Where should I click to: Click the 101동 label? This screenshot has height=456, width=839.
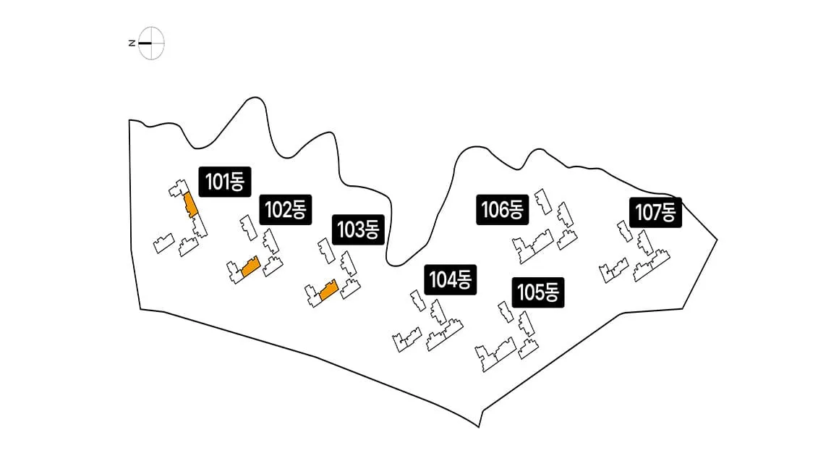click(225, 182)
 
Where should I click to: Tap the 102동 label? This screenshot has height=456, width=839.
click(285, 209)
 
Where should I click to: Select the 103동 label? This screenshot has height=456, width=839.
click(358, 229)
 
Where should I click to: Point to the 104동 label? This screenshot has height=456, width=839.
click(450, 279)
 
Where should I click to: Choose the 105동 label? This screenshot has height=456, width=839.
click(537, 292)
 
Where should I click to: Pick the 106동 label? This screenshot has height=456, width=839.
click(503, 209)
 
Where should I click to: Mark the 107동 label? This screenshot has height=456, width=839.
click(655, 213)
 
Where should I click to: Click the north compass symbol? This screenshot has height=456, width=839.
click(148, 43)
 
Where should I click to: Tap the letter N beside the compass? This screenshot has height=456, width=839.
click(132, 43)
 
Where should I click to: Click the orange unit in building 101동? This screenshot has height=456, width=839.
click(190, 204)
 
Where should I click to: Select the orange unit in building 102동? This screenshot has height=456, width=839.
click(250, 266)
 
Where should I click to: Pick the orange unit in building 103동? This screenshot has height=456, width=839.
click(328, 290)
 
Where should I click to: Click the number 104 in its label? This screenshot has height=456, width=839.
click(442, 279)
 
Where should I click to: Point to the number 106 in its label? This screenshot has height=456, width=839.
click(495, 209)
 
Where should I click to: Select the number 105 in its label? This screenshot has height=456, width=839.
click(529, 292)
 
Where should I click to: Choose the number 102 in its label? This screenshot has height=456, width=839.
click(277, 209)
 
